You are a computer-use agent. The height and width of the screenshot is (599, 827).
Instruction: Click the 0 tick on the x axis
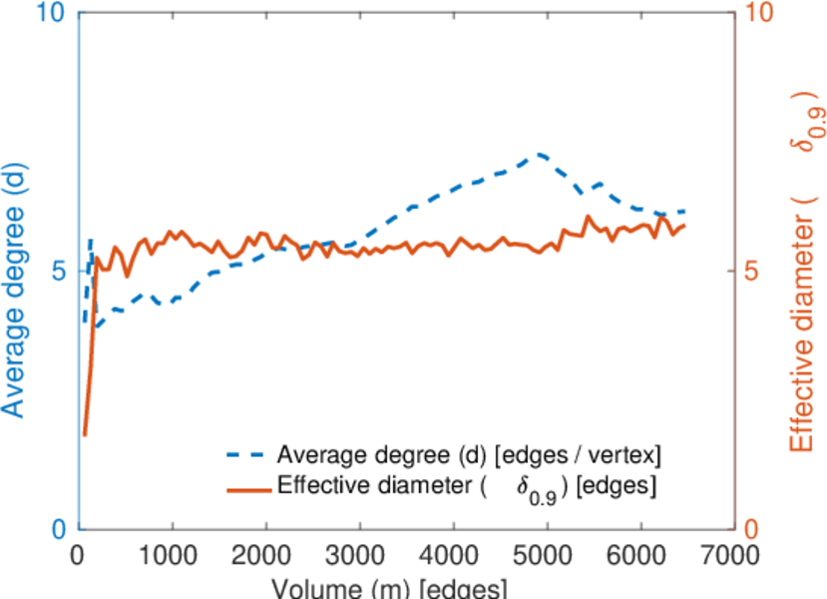pyautogui.click(x=79, y=554)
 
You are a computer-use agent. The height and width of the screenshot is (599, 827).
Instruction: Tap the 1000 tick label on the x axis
pyautogui.click(x=173, y=554)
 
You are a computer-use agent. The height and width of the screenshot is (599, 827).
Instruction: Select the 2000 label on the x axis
pyautogui.click(x=266, y=554)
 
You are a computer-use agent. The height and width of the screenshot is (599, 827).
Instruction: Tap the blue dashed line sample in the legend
pyautogui.click(x=245, y=457)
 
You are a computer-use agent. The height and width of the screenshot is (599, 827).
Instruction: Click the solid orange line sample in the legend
pyautogui.click(x=245, y=488)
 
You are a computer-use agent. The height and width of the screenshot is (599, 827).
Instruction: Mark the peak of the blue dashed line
pyautogui.click(x=540, y=155)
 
